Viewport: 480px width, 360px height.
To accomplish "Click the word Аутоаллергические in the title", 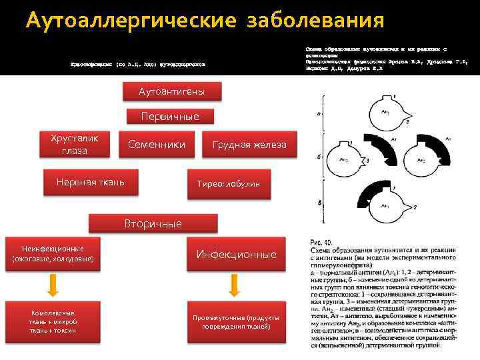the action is point(131,21).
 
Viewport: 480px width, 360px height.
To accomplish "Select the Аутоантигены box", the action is point(171,91).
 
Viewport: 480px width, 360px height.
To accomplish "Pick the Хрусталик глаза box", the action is point(74,144).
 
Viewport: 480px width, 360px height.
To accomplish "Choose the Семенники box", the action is point(157,144).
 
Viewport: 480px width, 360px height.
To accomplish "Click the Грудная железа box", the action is point(249,145).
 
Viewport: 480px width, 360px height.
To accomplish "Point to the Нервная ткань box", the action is point(90,182).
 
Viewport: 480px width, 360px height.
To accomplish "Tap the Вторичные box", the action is point(153,223).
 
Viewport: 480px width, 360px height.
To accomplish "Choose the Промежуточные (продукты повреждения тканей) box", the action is point(236,323).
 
